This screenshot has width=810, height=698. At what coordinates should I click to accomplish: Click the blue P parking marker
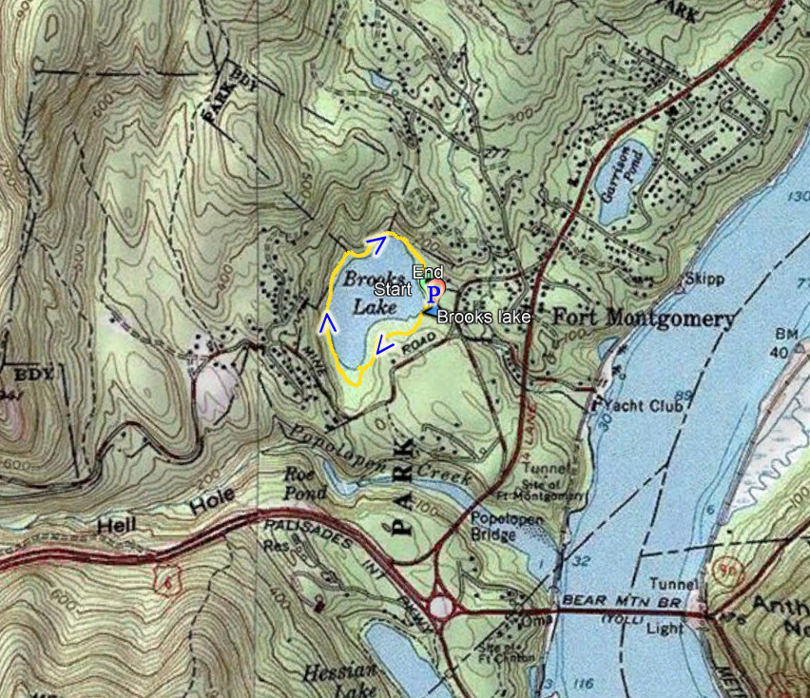434,292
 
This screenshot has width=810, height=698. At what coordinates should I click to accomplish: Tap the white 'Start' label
393,288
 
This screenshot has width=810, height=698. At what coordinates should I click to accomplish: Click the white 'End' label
427,272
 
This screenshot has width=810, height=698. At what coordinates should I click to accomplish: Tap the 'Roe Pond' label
305,483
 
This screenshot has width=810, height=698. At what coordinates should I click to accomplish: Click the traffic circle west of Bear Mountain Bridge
439,605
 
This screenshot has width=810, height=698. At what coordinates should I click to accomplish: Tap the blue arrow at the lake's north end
377,243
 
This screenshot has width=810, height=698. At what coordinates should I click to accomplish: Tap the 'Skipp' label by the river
705,279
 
